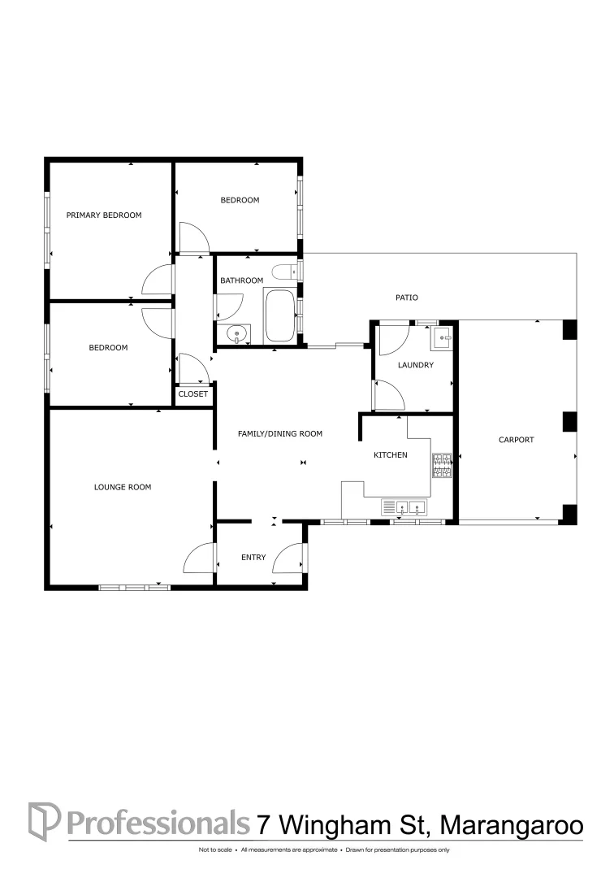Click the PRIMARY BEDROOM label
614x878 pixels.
coord(104,215)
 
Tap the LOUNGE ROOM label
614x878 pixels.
coord(123,487)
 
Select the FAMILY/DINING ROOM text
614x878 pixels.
coord(279,434)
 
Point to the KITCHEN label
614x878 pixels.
coord(390,455)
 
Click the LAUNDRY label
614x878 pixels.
coord(415,365)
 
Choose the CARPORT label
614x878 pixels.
coord(517,440)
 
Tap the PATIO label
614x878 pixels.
coord(407,298)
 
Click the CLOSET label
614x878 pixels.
coord(193,394)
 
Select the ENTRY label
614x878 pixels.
coord(253,558)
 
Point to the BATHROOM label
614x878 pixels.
coord(242,280)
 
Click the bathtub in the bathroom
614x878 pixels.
coord(280,315)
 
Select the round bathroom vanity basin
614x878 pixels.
coord(235,333)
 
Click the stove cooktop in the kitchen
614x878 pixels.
coord(442,465)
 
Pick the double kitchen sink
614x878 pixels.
coord(405,508)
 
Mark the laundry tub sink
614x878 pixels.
coord(443,336)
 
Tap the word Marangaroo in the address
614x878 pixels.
coord(512,824)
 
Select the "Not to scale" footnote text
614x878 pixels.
coord(215,850)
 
